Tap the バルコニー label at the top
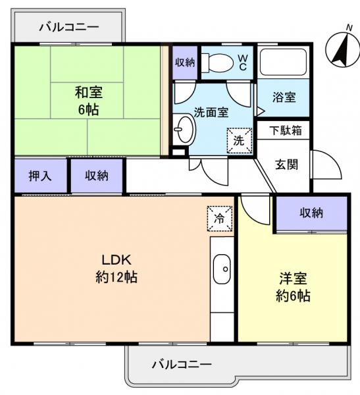click(x=68, y=27)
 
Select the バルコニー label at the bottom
click(x=182, y=363)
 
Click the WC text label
click(x=242, y=63)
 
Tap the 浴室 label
click(x=284, y=97)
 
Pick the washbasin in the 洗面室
click(x=184, y=130)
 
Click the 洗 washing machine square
click(x=240, y=140)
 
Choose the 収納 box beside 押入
click(x=97, y=176)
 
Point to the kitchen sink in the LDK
click(x=222, y=269)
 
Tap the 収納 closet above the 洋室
click(x=311, y=213)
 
